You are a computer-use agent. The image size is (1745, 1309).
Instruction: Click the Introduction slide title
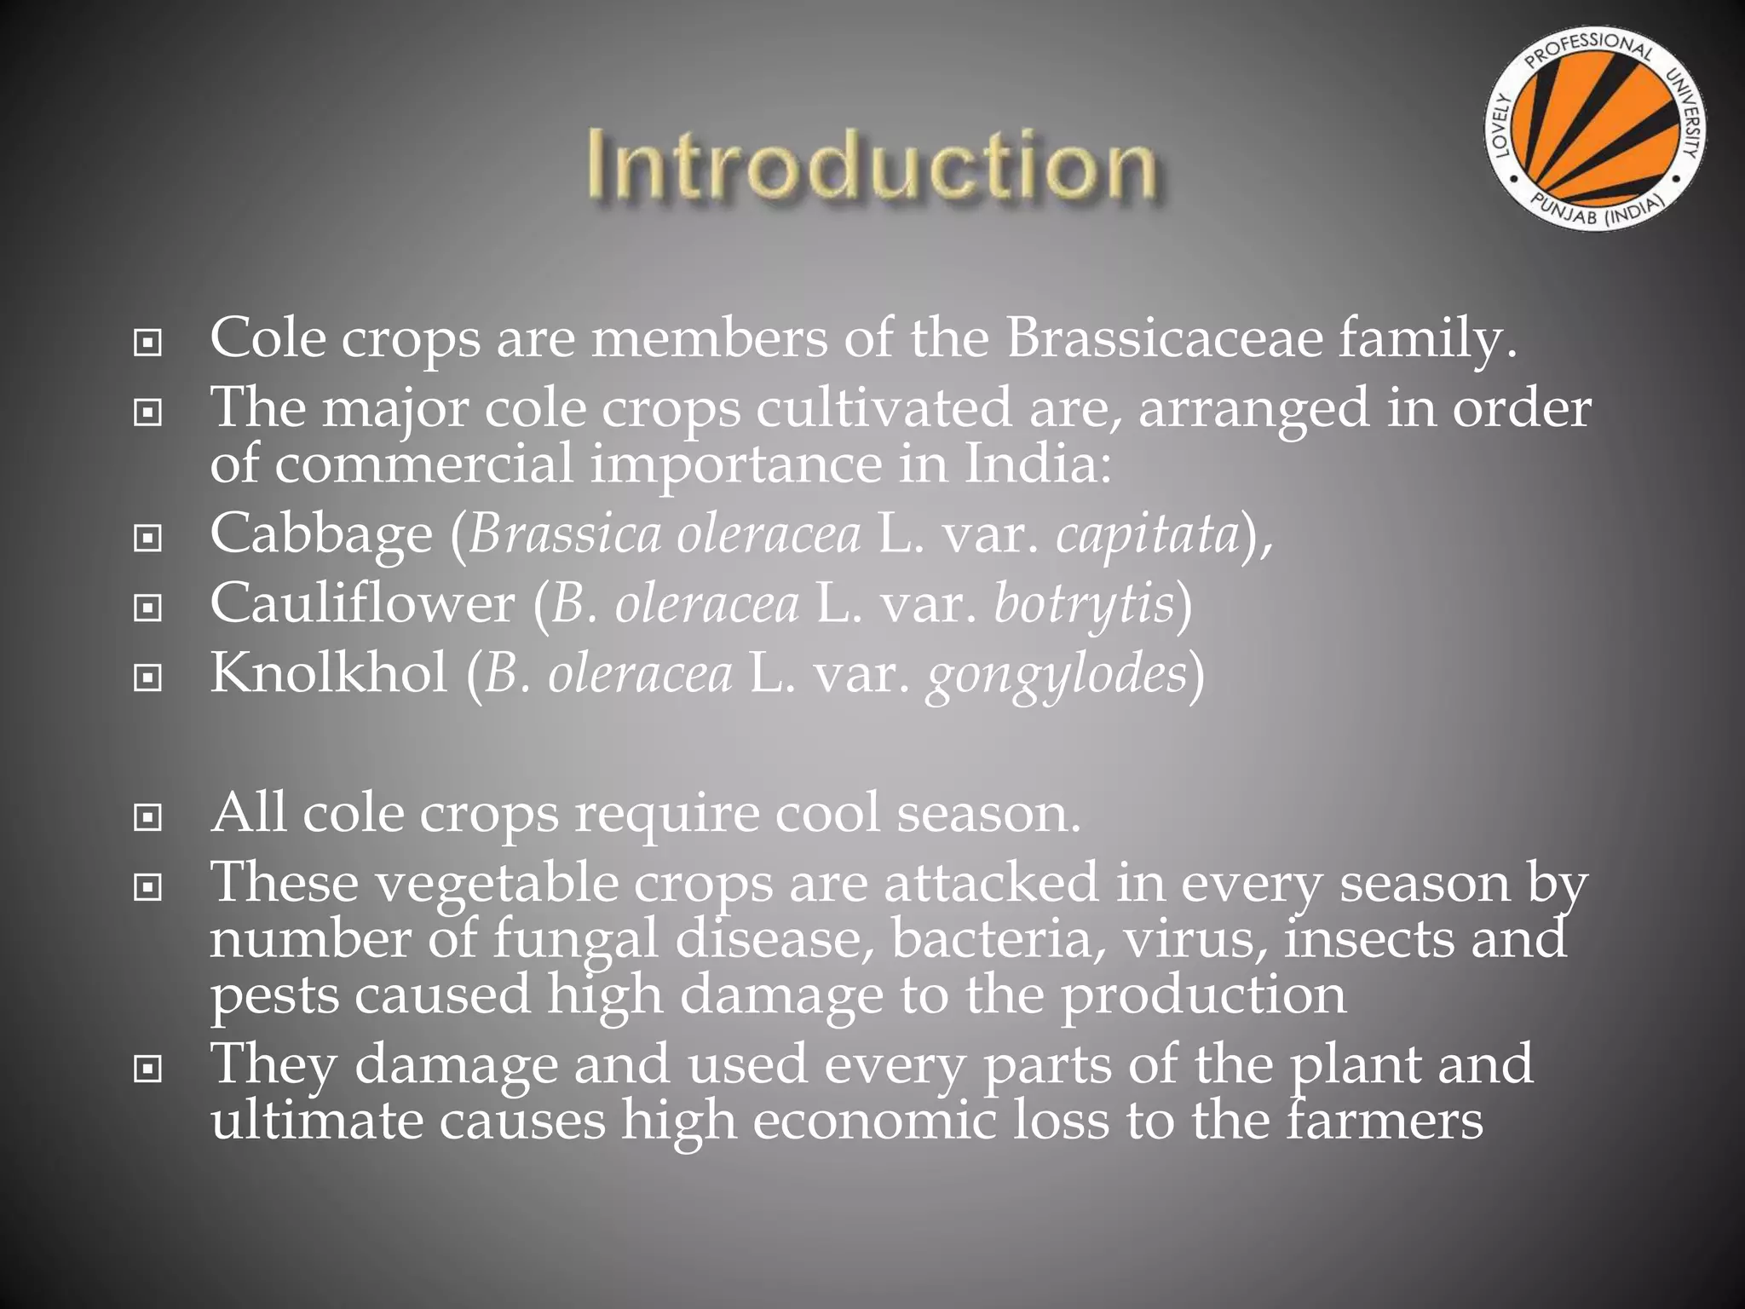(871, 165)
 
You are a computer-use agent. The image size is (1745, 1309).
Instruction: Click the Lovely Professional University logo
(1596, 129)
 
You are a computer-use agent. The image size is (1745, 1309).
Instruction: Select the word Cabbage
(321, 535)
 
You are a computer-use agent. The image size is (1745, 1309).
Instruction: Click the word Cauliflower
(362, 604)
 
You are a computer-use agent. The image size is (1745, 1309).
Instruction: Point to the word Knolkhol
(329, 673)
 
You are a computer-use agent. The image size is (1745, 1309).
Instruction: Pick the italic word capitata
(1147, 535)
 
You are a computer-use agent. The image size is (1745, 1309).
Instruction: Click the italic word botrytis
(1084, 604)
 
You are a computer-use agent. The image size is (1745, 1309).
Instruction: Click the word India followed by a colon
(1037, 465)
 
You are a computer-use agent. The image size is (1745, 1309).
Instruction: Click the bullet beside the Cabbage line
(148, 539)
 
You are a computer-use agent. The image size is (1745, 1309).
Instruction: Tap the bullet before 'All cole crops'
(148, 818)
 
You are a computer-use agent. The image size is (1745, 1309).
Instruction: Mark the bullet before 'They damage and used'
(148, 1069)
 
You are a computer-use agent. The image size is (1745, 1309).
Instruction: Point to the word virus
(1194, 939)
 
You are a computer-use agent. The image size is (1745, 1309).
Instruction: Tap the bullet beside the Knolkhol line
(148, 678)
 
